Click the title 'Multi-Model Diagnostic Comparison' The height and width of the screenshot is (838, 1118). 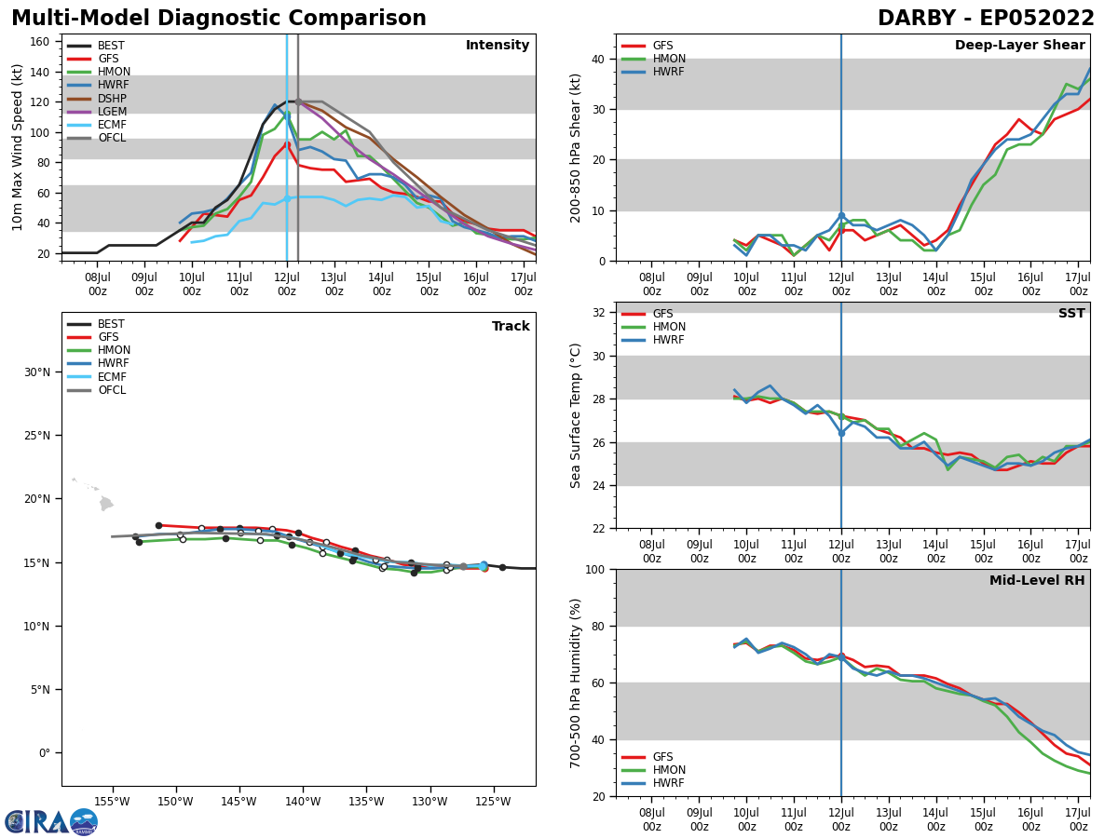[219, 19]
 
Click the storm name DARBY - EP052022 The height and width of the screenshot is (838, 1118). [986, 19]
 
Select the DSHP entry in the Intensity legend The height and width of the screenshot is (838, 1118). [112, 99]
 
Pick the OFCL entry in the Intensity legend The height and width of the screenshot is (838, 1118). [112, 138]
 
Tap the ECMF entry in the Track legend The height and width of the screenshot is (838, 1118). [112, 377]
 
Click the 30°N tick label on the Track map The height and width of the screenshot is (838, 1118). [37, 372]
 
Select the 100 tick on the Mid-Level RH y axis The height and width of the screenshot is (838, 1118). [594, 569]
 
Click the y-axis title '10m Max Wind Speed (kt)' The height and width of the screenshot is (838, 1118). [17, 147]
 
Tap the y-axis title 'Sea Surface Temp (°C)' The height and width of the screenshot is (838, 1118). [576, 415]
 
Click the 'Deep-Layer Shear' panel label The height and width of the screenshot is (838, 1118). [1019, 46]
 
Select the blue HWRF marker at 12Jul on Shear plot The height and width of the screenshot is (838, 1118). [841, 216]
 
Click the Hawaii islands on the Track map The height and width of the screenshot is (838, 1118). [104, 503]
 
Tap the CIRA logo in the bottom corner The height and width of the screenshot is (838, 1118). [51, 821]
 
